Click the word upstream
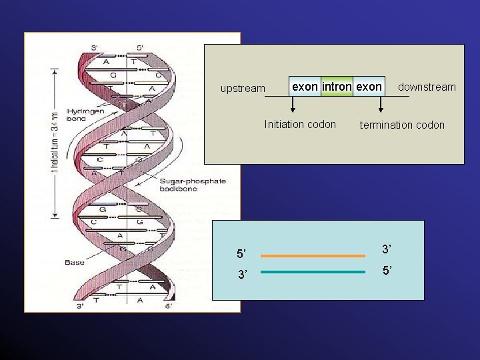coord(243,89)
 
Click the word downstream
coord(427,87)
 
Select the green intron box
coord(336,87)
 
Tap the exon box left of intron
coord(305,87)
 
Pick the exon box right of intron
coord(369,87)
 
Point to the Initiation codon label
coord(300,124)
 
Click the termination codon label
coord(402,125)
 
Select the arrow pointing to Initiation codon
coord(293,105)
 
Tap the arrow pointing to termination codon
coord(381,105)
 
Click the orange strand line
coord(313,255)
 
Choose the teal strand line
coord(313,272)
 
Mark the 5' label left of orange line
coord(241,254)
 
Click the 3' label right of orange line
coord(387,249)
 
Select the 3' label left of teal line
coord(241,275)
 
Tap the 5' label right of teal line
coord(387,271)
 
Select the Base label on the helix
coord(75,262)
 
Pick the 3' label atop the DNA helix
coord(95,47)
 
